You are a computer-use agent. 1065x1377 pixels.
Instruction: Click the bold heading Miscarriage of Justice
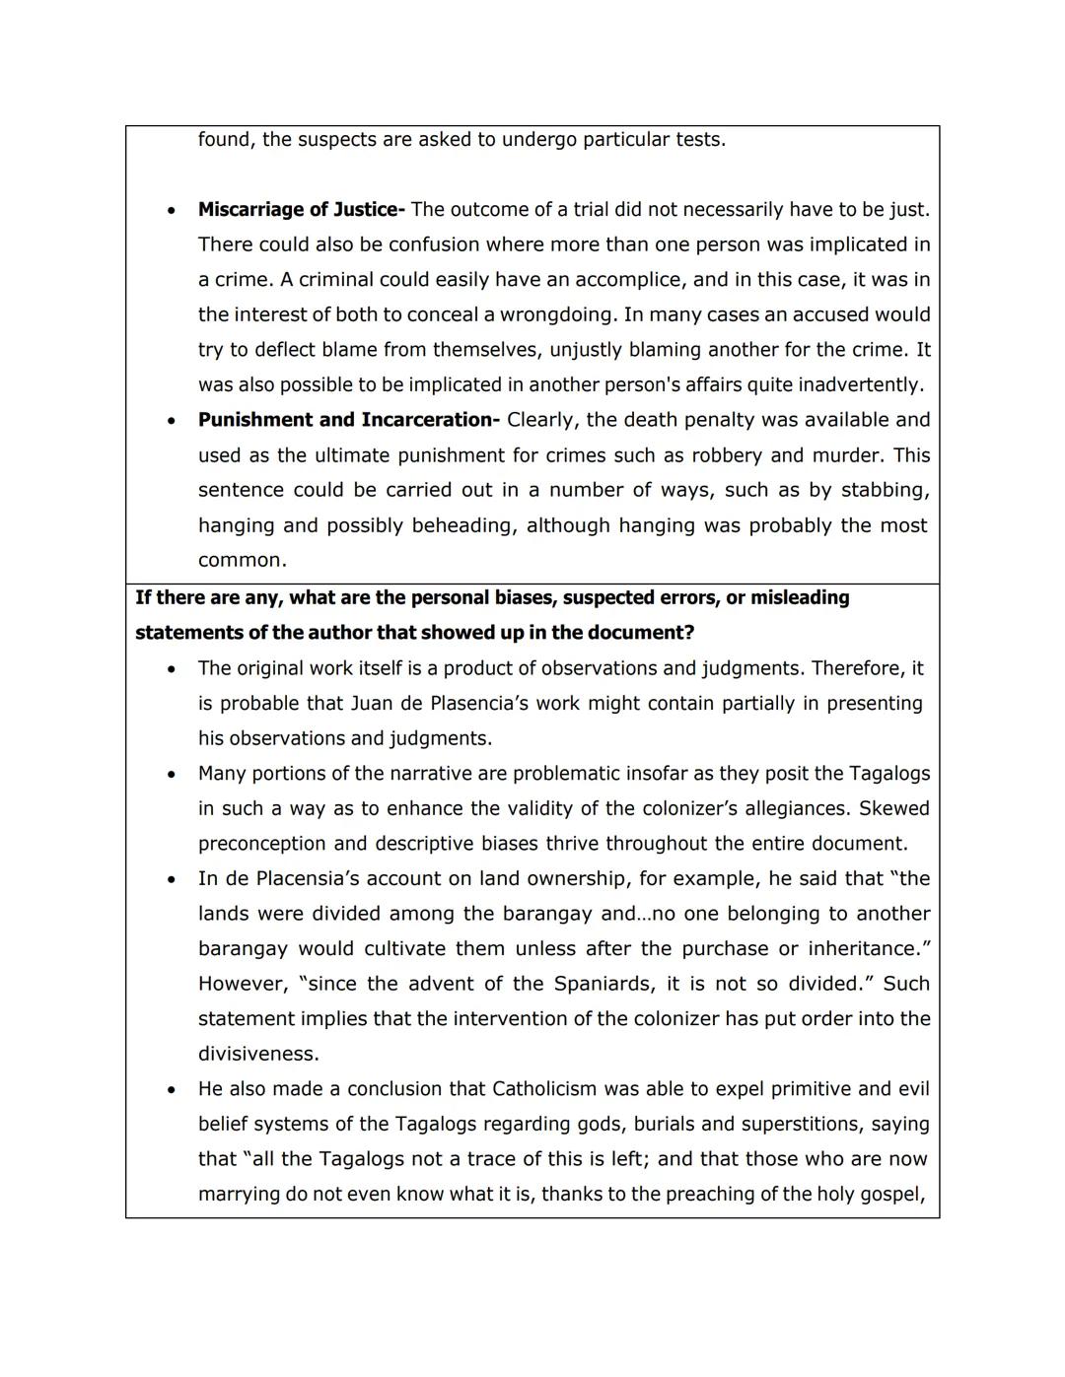point(301,210)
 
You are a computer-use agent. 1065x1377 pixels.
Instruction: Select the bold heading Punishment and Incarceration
point(349,420)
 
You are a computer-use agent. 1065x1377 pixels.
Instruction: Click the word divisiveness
point(256,1054)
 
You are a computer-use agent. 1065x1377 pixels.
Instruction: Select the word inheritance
point(868,948)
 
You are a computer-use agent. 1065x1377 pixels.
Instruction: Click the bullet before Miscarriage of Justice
point(172,211)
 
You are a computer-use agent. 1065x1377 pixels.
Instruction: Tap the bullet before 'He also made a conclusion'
point(172,1090)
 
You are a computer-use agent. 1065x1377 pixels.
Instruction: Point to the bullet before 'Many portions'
point(172,775)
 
